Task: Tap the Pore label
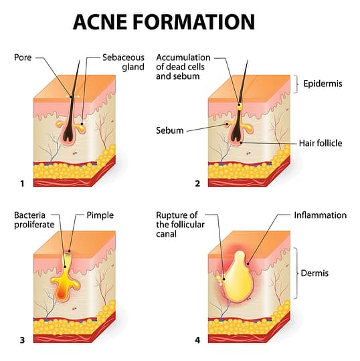tap(22, 57)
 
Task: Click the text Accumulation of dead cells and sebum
tap(183, 66)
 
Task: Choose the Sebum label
tap(170, 130)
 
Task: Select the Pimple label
tap(100, 215)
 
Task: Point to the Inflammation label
tap(320, 215)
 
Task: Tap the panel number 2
tap(197, 183)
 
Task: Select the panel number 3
tap(23, 340)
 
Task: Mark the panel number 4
tap(197, 340)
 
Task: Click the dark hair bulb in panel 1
tap(69, 134)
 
